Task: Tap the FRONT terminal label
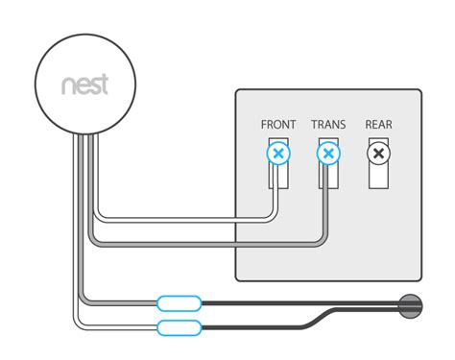pyautogui.click(x=278, y=125)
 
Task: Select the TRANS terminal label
pyautogui.click(x=328, y=125)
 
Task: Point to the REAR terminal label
pyautogui.click(x=379, y=125)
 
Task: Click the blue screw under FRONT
pyautogui.click(x=278, y=153)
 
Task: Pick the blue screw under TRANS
pyautogui.click(x=328, y=153)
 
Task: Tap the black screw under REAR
pyautogui.click(x=379, y=153)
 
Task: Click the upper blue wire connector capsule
pyautogui.click(x=179, y=304)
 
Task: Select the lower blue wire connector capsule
pyautogui.click(x=179, y=328)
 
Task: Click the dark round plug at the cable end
pyautogui.click(x=410, y=305)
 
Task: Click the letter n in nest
pyautogui.click(x=68, y=85)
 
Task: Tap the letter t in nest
pyautogui.click(x=105, y=84)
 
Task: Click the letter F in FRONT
pyautogui.click(x=264, y=125)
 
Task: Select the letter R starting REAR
pyautogui.click(x=369, y=125)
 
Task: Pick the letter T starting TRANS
pyautogui.click(x=314, y=125)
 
